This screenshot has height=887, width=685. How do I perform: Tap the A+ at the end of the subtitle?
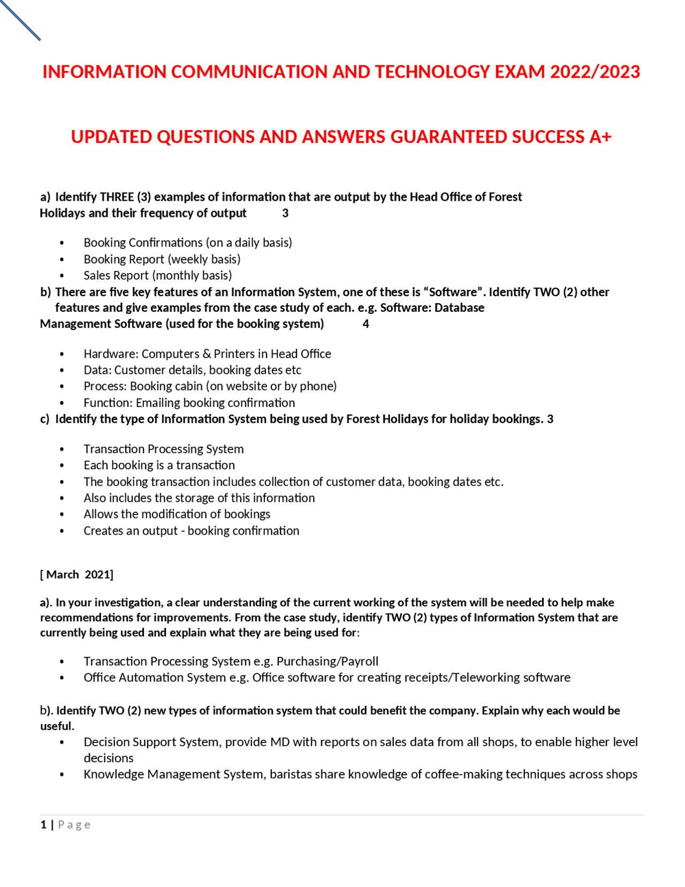pos(600,137)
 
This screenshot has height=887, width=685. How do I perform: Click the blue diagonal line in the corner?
pos(21,20)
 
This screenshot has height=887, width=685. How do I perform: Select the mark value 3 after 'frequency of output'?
pos(285,213)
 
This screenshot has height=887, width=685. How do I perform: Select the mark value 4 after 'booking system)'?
pos(366,324)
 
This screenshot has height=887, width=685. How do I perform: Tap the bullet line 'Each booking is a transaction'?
pos(159,465)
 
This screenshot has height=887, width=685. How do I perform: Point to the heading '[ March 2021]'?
pos(77,575)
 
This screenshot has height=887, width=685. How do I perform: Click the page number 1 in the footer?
pos(43,825)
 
